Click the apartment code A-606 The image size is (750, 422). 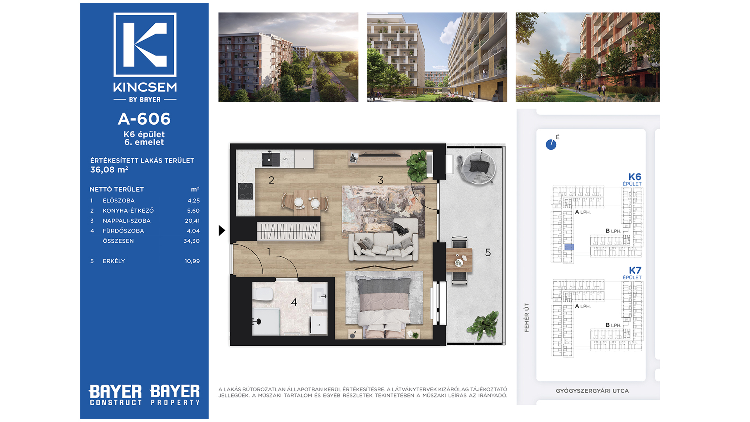click(144, 119)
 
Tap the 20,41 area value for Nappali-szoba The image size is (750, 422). click(192, 221)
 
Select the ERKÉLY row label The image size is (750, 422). click(114, 261)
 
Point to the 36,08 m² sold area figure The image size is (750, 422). click(109, 170)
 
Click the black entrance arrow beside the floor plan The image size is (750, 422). click(222, 231)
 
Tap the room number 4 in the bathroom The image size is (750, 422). click(294, 302)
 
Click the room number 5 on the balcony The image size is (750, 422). click(488, 252)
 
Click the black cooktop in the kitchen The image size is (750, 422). click(246, 191)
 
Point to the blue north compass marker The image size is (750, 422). click(551, 145)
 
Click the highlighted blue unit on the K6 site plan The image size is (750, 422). click(569, 247)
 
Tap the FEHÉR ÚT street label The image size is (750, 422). click(527, 318)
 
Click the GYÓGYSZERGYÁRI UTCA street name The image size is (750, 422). click(592, 391)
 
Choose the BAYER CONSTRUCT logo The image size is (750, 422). click(116, 395)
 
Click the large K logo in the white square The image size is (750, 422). click(145, 45)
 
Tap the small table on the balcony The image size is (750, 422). click(459, 261)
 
